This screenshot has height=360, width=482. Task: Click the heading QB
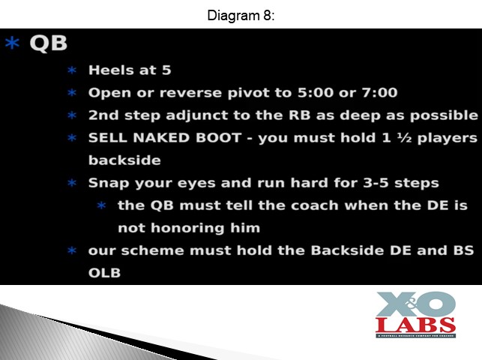49,43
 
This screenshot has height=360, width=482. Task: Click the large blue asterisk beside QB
12,43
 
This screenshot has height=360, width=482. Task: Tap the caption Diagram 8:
241,15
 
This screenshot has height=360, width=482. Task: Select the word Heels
111,70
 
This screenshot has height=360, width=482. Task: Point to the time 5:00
316,92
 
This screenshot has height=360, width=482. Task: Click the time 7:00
379,92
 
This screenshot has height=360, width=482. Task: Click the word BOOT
219,138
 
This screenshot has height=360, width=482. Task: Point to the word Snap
109,183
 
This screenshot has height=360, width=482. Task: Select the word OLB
104,273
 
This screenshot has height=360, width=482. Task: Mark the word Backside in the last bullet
347,250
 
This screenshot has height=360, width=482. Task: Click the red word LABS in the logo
415,325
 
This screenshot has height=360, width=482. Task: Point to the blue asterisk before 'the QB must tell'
101,205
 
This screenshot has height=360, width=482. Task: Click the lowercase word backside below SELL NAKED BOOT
124,160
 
